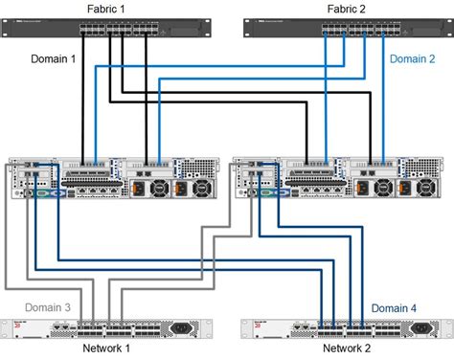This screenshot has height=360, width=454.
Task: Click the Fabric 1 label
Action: [114, 8]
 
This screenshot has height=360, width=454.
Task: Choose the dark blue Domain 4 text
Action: [394, 307]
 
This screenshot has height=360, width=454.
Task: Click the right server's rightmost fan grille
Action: [432, 190]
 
